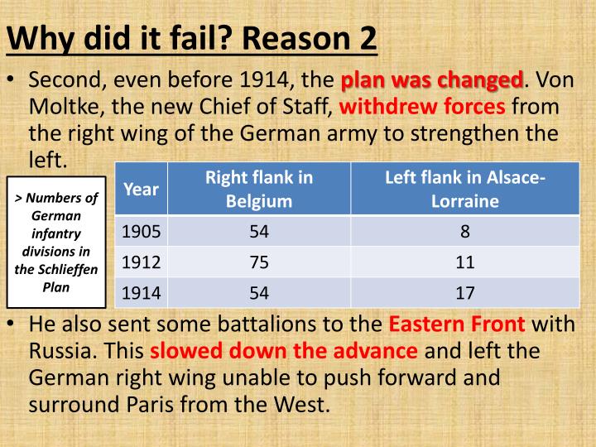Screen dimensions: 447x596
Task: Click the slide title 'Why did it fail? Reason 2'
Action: [192, 37]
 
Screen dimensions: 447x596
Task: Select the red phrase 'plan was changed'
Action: [431, 81]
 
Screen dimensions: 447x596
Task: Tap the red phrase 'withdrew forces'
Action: [422, 107]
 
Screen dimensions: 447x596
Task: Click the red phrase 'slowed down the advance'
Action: [284, 350]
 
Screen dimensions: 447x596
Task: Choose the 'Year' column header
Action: [141, 188]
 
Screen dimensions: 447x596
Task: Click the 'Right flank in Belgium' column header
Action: [259, 188]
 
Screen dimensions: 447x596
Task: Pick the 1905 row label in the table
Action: [142, 231]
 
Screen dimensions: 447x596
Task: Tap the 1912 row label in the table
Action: [142, 262]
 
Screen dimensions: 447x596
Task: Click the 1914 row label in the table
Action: [142, 291]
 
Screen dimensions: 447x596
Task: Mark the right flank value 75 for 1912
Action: [259, 262]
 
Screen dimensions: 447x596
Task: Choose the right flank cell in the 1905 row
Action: [259, 231]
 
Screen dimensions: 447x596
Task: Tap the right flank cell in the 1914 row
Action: [259, 291]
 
